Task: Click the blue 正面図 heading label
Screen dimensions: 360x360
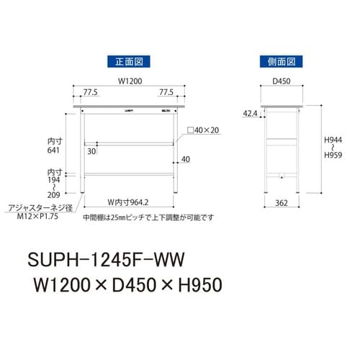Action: [x=127, y=61]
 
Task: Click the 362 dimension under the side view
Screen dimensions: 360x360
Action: [x=281, y=204]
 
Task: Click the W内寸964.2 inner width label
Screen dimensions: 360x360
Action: [x=128, y=202]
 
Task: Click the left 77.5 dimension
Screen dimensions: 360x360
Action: [x=89, y=93]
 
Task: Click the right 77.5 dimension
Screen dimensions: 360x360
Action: [x=166, y=93]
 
